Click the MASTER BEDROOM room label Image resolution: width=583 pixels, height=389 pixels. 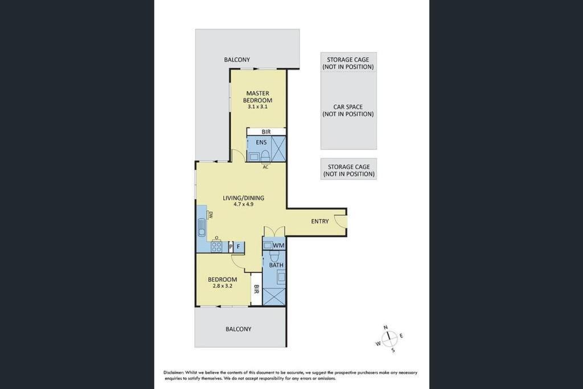coord(258,97)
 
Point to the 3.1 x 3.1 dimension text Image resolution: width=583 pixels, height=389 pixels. coord(258,107)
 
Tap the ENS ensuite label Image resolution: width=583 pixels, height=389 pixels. coord(261,142)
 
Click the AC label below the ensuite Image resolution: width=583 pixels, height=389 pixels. coord(265,167)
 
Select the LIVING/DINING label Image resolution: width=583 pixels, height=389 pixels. coord(244,198)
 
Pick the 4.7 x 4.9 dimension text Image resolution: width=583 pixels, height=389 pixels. coord(244,204)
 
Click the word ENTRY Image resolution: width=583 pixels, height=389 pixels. coord(320,222)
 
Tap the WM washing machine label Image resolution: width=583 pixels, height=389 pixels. coord(278,245)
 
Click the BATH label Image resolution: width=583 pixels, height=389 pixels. coord(276,265)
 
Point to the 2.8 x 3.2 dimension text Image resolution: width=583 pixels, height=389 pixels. coord(223,286)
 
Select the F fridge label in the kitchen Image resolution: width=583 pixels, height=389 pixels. coord(238,246)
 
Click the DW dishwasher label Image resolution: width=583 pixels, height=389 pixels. coord(210,214)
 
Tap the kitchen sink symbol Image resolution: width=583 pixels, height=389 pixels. coord(202,227)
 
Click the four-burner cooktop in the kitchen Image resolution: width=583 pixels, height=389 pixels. coord(216,247)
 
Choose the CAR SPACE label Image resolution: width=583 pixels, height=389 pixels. coord(348,107)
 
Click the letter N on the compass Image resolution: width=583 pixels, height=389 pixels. coord(385,327)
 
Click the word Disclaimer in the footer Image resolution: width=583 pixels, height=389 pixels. coord(174,372)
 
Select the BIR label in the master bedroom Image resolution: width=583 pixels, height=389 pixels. coord(266,132)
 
